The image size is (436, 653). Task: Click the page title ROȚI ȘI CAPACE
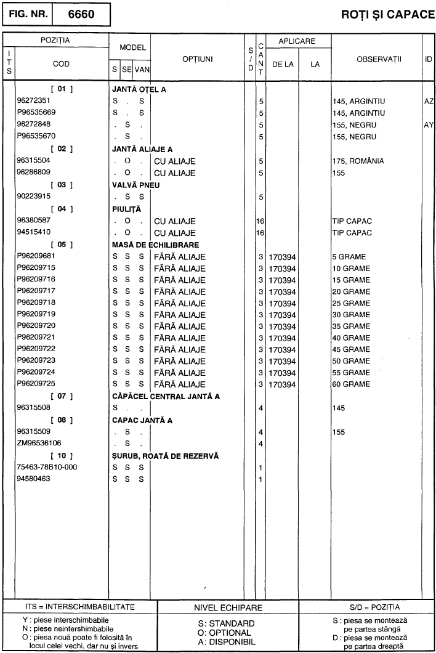387,14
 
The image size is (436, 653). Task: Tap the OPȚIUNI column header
198,59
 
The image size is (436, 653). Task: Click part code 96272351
34,101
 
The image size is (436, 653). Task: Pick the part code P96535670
37,137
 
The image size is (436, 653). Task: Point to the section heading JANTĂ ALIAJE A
142,149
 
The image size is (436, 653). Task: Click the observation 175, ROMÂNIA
358,161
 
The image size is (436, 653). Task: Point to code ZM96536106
39,443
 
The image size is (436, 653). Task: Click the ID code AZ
429,101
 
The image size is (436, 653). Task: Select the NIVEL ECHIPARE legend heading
228,608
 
